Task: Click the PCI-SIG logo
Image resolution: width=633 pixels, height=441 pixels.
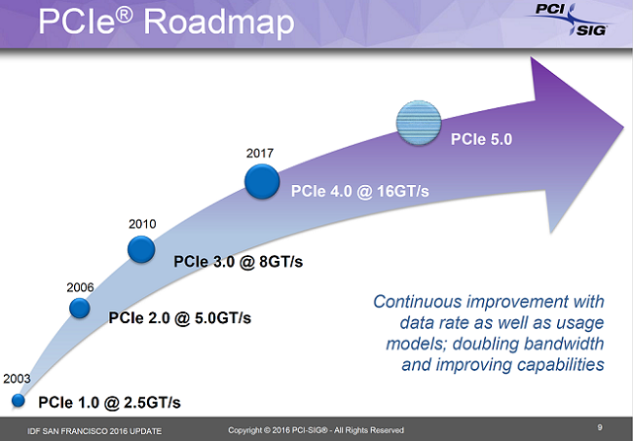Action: click(570, 18)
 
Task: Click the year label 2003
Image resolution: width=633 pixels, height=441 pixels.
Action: click(17, 379)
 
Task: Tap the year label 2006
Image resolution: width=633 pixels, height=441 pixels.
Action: click(80, 287)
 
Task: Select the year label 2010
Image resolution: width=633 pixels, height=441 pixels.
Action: click(142, 224)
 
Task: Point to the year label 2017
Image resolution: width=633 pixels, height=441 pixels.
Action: click(260, 153)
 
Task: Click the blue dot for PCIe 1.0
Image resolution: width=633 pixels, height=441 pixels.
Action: click(19, 401)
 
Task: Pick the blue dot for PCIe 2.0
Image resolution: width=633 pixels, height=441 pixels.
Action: click(80, 309)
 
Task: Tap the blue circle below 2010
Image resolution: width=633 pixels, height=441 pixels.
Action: click(141, 249)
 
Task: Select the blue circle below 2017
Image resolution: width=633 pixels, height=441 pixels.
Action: click(262, 182)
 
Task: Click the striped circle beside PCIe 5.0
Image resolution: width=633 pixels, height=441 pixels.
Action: click(418, 123)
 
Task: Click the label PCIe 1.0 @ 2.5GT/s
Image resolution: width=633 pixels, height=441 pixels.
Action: click(109, 402)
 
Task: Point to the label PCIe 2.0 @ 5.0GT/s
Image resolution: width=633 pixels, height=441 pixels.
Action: click(179, 318)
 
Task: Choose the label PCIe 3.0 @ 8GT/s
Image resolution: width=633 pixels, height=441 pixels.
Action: click(239, 262)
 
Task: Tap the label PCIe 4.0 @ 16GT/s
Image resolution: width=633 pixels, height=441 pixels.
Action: click(359, 191)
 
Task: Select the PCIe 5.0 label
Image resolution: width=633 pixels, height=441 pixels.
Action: click(481, 139)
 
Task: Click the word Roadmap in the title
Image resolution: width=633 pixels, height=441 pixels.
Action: click(219, 22)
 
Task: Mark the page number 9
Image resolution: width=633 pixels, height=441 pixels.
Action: click(600, 427)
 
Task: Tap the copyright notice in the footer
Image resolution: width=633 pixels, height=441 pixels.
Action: click(316, 430)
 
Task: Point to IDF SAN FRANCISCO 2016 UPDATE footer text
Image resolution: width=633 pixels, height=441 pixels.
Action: click(94, 431)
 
